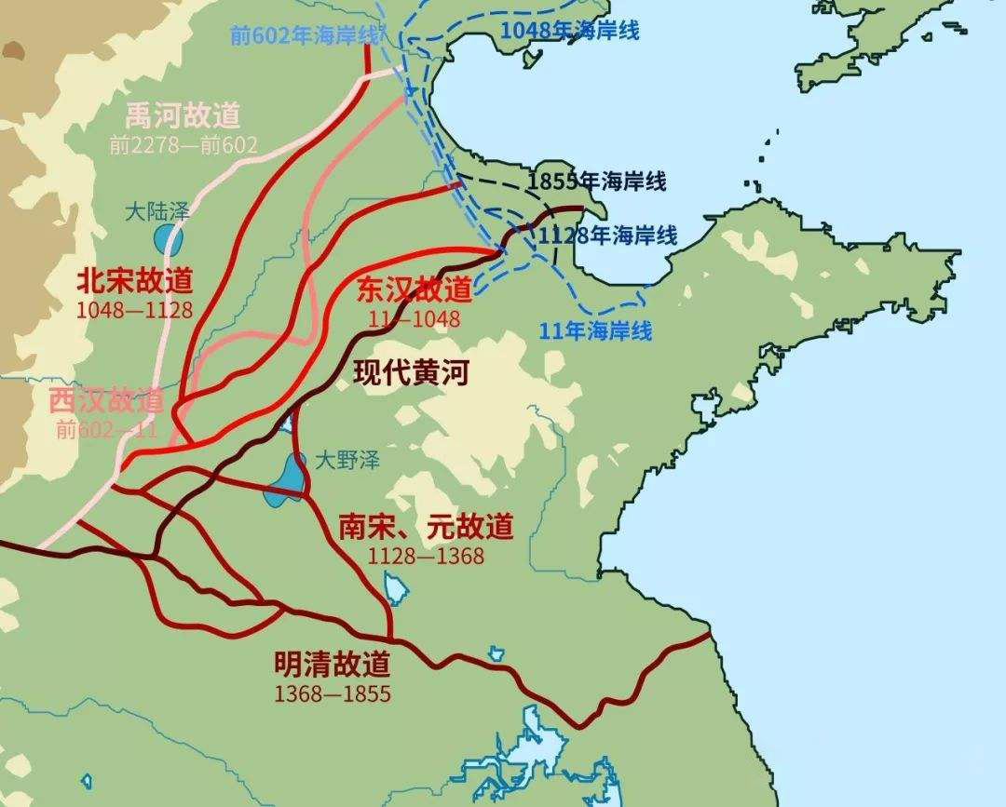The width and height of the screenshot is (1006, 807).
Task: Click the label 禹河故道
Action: [x=183, y=115]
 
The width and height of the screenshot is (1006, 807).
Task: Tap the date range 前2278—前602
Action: [x=183, y=144]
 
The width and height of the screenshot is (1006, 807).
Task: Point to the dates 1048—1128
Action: [x=136, y=309]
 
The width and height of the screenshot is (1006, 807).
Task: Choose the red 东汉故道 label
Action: [x=415, y=289]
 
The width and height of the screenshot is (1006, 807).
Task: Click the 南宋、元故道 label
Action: [x=426, y=527]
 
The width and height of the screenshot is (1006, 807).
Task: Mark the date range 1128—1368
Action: [x=426, y=556]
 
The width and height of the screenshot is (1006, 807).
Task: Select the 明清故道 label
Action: [x=333, y=664]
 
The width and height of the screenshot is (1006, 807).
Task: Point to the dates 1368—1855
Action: [x=333, y=693]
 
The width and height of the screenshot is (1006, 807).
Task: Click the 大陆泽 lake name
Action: [x=157, y=211]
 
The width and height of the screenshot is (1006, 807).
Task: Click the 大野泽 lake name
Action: [x=347, y=459]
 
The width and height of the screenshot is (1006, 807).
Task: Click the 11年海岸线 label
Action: [x=596, y=330]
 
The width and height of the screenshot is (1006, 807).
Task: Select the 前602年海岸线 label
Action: [x=305, y=34]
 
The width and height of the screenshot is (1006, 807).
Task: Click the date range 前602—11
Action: [x=106, y=429]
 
